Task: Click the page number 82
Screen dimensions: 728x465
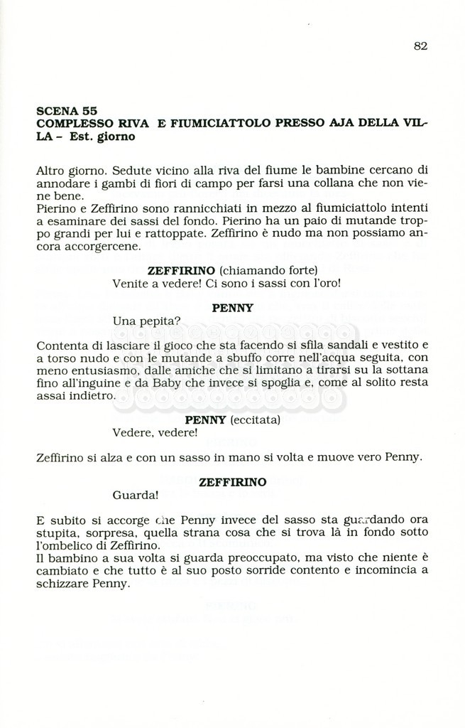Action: pos(420,46)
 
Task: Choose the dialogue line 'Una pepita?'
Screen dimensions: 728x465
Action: pos(141,321)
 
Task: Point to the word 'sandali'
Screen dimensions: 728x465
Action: pos(359,346)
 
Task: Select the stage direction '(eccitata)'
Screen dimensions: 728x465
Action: pos(253,420)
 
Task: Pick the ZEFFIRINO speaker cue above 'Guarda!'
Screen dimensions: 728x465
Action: pos(233,482)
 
